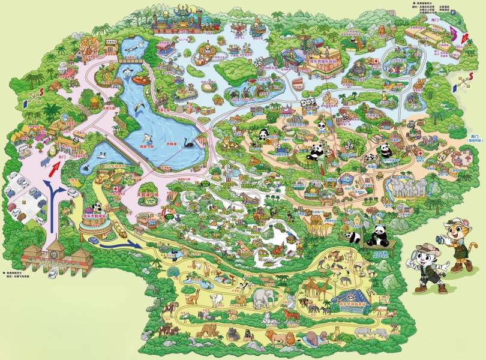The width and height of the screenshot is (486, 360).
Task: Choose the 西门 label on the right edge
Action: [x=475, y=136]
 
